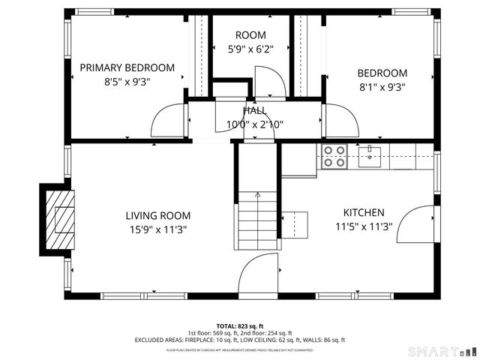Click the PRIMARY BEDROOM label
(127, 67)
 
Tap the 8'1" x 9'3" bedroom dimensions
(382, 86)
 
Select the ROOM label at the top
(250, 35)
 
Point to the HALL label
(254, 111)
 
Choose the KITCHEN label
(364, 212)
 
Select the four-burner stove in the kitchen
(334, 156)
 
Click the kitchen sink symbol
(370, 156)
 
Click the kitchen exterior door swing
(415, 223)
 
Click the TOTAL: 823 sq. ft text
(240, 326)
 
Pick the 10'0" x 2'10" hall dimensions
(254, 124)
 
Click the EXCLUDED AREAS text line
(240, 340)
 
